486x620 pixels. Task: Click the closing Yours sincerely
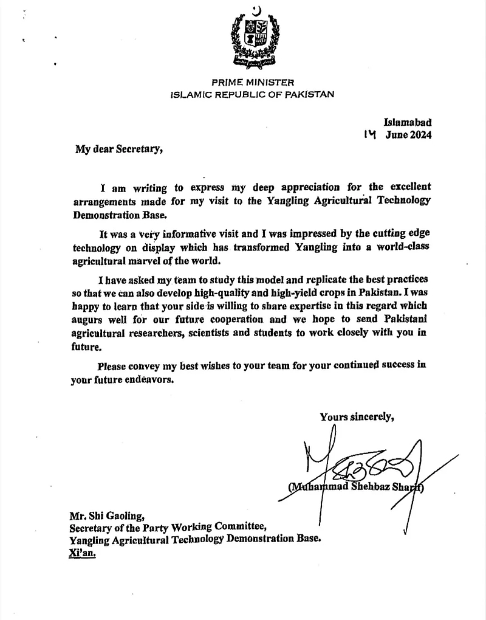click(x=357, y=416)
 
